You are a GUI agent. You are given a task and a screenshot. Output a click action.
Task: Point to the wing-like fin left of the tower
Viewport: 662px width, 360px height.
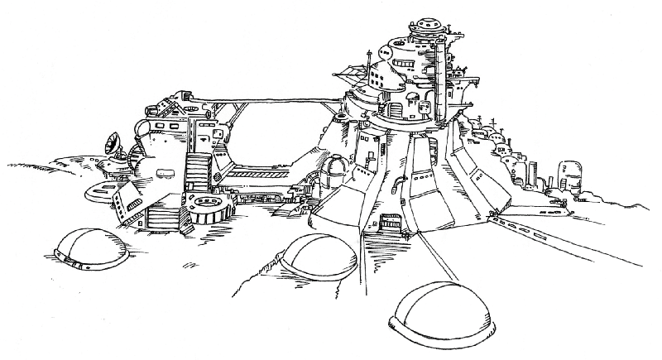[352, 75]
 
